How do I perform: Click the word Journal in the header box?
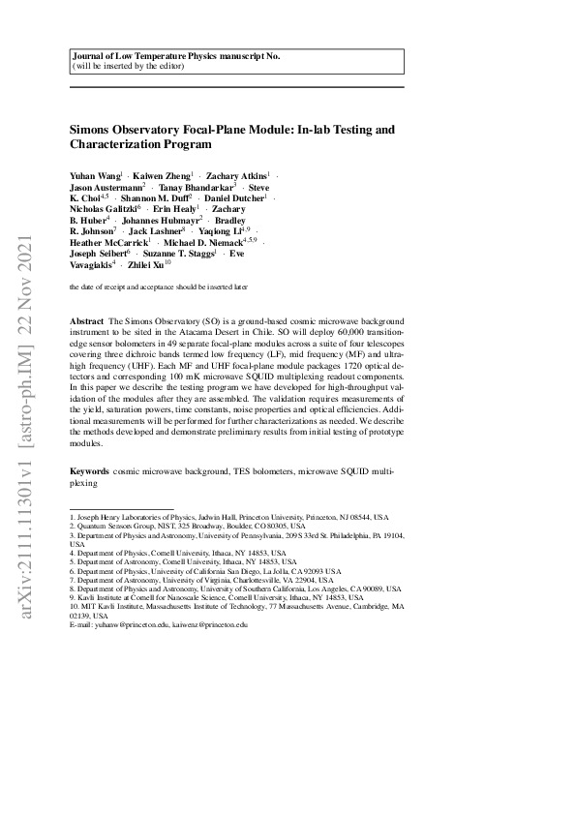(x=91, y=57)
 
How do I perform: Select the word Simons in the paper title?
(x=96, y=128)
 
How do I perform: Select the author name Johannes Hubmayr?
(x=161, y=220)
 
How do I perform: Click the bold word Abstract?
(x=88, y=319)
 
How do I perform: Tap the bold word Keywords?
(x=91, y=470)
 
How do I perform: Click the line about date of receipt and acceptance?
(x=159, y=287)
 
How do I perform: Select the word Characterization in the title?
(x=121, y=144)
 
